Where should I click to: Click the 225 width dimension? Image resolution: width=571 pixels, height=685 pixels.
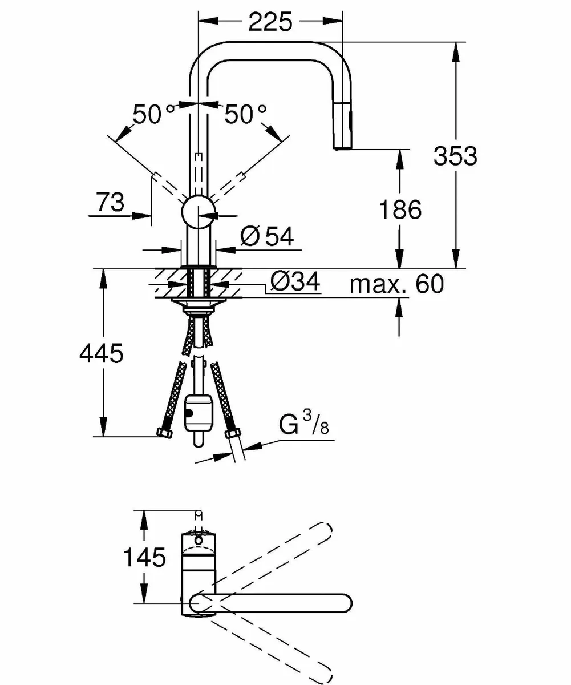pos(269,21)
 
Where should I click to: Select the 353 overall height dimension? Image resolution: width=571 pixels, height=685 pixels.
pos(455,155)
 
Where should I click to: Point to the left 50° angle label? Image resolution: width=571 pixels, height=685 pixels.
pos(153,115)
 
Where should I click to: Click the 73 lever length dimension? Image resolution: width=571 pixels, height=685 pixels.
pos(110,202)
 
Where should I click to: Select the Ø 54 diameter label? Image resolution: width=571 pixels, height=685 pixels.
pos(266,236)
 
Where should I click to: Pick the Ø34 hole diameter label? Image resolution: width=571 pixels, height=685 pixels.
pos(294,281)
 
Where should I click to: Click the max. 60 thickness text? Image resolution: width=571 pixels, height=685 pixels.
pos(396,283)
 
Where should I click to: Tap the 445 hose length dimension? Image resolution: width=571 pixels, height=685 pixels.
pos(101,354)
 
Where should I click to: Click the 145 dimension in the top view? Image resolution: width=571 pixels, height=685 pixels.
pos(144,557)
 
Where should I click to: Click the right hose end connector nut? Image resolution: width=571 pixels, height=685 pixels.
pos(232,434)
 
